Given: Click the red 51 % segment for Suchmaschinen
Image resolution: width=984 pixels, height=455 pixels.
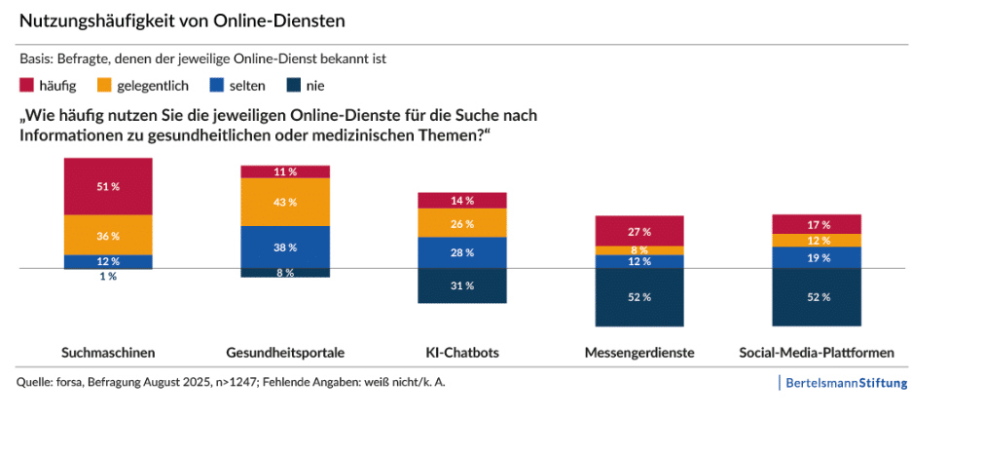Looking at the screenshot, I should [x=108, y=186].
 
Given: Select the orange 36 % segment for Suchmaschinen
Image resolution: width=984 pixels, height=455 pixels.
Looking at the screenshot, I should [x=108, y=235].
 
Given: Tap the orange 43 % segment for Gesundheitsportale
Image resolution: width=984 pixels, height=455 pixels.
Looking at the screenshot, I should [x=285, y=202].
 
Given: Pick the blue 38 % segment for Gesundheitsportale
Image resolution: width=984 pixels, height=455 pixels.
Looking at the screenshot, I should [x=285, y=246].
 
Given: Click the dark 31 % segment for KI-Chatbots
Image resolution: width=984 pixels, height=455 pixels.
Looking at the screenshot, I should [x=462, y=285].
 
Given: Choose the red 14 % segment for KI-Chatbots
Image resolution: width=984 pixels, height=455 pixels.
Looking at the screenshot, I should [x=462, y=200].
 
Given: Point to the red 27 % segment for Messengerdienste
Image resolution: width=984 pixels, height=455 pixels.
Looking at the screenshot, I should [x=639, y=231].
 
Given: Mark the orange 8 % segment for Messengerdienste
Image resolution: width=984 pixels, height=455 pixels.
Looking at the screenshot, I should [x=639, y=250].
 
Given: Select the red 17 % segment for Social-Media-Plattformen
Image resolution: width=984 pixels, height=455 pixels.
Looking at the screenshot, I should [x=817, y=223].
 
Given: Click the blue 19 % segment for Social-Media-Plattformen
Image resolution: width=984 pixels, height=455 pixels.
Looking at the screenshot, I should [x=817, y=257].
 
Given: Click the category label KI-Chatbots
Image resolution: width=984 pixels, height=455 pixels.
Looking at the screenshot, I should [x=462, y=352].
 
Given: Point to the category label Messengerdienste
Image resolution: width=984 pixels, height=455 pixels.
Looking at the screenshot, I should [x=639, y=352].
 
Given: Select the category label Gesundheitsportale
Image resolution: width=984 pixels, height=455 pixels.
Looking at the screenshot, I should [x=285, y=352].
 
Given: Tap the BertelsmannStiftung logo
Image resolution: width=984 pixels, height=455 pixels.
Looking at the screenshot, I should [x=845, y=383].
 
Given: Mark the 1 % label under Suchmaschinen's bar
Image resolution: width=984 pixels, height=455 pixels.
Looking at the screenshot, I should [x=108, y=277].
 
